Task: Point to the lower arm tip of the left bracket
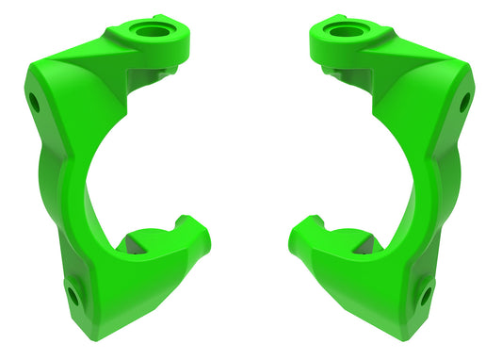click(198, 232)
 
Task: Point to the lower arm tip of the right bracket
click(303, 232)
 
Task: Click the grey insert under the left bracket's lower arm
click(138, 247)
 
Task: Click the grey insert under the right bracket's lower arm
click(363, 247)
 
